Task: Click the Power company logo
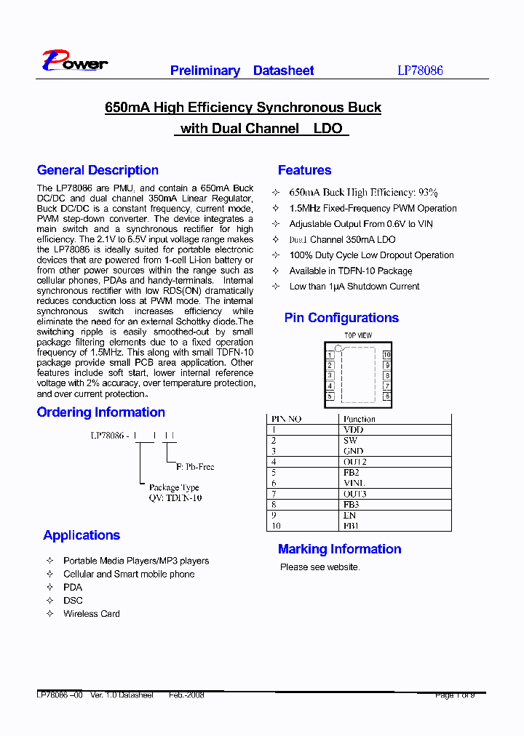[x=74, y=62]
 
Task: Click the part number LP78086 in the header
[x=420, y=71]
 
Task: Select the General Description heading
[x=98, y=170]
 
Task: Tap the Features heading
[x=304, y=170]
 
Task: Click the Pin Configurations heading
[x=341, y=318]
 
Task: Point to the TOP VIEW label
[x=358, y=335]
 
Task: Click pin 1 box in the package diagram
[x=330, y=355]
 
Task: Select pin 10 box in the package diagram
[x=387, y=355]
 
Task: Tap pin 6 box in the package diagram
[x=387, y=396]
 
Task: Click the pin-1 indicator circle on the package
[x=338, y=349]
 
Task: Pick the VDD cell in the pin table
[x=353, y=430]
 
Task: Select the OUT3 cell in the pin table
[x=354, y=494]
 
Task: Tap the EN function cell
[x=349, y=515]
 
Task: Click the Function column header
[x=360, y=419]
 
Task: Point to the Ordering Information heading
[x=101, y=412]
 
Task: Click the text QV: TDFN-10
[x=175, y=498]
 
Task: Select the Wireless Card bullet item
[x=91, y=614]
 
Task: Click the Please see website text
[x=319, y=567]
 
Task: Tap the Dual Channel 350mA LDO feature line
[x=342, y=239]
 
